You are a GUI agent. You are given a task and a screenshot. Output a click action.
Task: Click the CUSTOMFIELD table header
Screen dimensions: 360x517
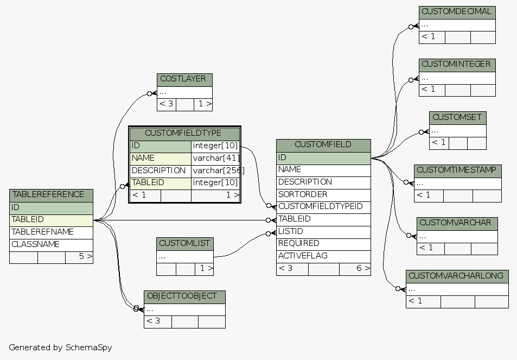tap(323, 145)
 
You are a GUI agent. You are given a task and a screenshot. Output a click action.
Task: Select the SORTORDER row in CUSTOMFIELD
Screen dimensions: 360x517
tap(323, 194)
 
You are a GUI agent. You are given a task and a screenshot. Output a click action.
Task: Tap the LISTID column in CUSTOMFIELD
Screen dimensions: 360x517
tap(323, 231)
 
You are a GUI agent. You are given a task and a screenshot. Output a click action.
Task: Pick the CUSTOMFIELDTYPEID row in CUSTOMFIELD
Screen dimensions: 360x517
tap(324, 207)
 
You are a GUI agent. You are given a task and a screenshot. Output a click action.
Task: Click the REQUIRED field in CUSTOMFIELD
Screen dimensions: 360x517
tap(323, 243)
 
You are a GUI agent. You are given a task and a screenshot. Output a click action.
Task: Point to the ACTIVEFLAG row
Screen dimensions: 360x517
tap(323, 256)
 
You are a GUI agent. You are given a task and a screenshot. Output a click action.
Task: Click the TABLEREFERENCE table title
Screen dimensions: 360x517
tap(51, 195)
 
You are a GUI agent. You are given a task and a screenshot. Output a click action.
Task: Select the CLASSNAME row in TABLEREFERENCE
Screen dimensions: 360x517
tap(51, 244)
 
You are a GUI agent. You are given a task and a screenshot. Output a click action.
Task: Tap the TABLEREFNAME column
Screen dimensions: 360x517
tap(51, 232)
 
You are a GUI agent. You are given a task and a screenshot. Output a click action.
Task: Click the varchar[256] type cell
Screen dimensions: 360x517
tap(215, 170)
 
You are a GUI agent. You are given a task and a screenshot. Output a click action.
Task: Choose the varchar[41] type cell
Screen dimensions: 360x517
tap(215, 158)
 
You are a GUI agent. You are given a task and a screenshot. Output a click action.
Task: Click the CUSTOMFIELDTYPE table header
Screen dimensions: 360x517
tap(184, 134)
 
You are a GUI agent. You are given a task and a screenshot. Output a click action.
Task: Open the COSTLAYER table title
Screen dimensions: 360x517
tap(184, 79)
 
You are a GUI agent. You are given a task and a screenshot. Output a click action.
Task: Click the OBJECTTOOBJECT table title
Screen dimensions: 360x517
tap(184, 296)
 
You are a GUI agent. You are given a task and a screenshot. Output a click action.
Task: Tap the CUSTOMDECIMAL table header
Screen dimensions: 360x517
tap(457, 12)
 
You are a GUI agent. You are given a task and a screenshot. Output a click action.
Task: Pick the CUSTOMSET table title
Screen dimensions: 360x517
tap(457, 118)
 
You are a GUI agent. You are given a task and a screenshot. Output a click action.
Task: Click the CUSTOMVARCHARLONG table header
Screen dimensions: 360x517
tap(457, 276)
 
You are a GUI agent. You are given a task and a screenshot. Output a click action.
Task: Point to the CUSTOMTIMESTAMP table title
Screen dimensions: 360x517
tap(457, 170)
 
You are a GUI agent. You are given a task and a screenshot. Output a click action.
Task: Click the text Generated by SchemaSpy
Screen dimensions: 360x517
tap(60, 348)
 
